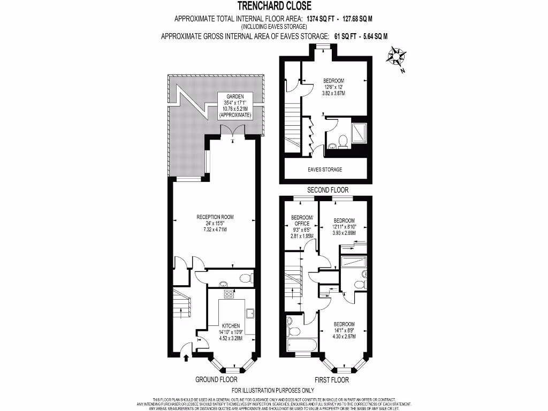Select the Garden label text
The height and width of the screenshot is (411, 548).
235,96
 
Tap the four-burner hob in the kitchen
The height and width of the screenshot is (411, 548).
229,294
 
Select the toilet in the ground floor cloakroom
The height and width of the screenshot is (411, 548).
245,278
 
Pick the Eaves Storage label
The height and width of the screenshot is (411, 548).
324,170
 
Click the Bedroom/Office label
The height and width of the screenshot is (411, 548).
301,220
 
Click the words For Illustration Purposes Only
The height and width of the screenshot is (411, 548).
273,391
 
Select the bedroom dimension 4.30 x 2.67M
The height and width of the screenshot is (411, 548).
344,337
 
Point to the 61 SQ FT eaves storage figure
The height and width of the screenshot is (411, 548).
333,36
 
